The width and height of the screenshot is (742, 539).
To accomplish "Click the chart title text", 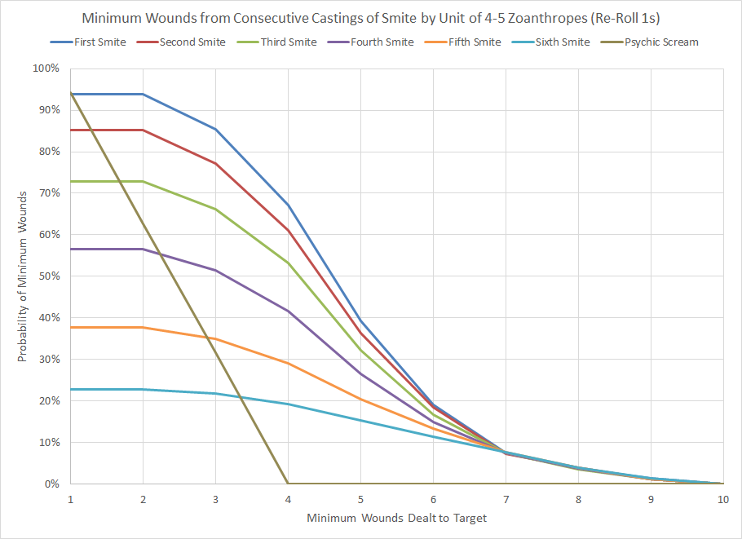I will [x=370, y=18].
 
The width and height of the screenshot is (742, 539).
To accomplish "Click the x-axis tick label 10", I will [x=722, y=499].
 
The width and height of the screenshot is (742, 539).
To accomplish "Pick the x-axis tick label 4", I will [x=288, y=499].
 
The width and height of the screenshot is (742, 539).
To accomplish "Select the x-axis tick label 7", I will [x=506, y=499].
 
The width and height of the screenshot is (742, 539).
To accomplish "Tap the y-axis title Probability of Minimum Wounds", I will [x=23, y=276].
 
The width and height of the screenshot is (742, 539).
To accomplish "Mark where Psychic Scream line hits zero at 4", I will [x=288, y=484].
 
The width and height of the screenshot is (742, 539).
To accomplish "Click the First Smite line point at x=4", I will [x=288, y=205].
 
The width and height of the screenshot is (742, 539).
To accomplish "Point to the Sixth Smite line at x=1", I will [x=71, y=389].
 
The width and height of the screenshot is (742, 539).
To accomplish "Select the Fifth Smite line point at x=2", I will [x=144, y=327].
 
